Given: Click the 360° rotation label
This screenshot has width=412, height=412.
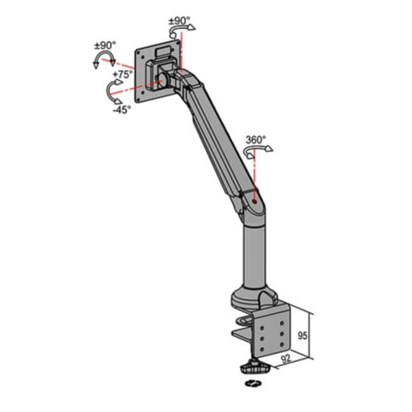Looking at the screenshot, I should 255,139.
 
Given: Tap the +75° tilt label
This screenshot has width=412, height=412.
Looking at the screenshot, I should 124,74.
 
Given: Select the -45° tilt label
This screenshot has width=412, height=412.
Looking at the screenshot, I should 122,108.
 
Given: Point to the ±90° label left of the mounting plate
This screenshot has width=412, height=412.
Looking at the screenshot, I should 105,46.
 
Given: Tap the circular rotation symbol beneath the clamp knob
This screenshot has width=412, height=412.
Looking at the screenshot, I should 253,383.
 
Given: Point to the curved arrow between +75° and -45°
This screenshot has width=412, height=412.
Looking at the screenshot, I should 110,90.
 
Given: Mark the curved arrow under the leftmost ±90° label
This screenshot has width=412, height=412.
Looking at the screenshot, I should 103,60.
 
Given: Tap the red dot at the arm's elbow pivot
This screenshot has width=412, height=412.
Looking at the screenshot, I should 255,201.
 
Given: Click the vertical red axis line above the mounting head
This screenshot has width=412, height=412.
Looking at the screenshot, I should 182,51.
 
